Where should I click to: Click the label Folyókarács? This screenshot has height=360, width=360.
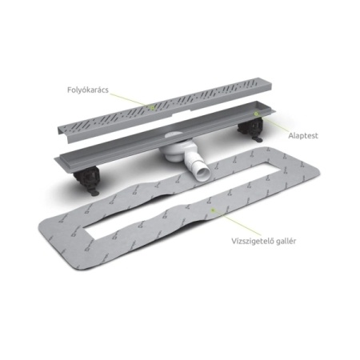coord(88,90)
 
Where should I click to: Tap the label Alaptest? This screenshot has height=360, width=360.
coord(303,136)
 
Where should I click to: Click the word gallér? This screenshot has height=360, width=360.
coord(286,241)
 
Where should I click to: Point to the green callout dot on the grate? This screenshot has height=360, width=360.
coord(152,108)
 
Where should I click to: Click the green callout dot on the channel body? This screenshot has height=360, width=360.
coord(256,114)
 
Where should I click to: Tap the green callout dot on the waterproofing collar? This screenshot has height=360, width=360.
coord(213,210)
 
